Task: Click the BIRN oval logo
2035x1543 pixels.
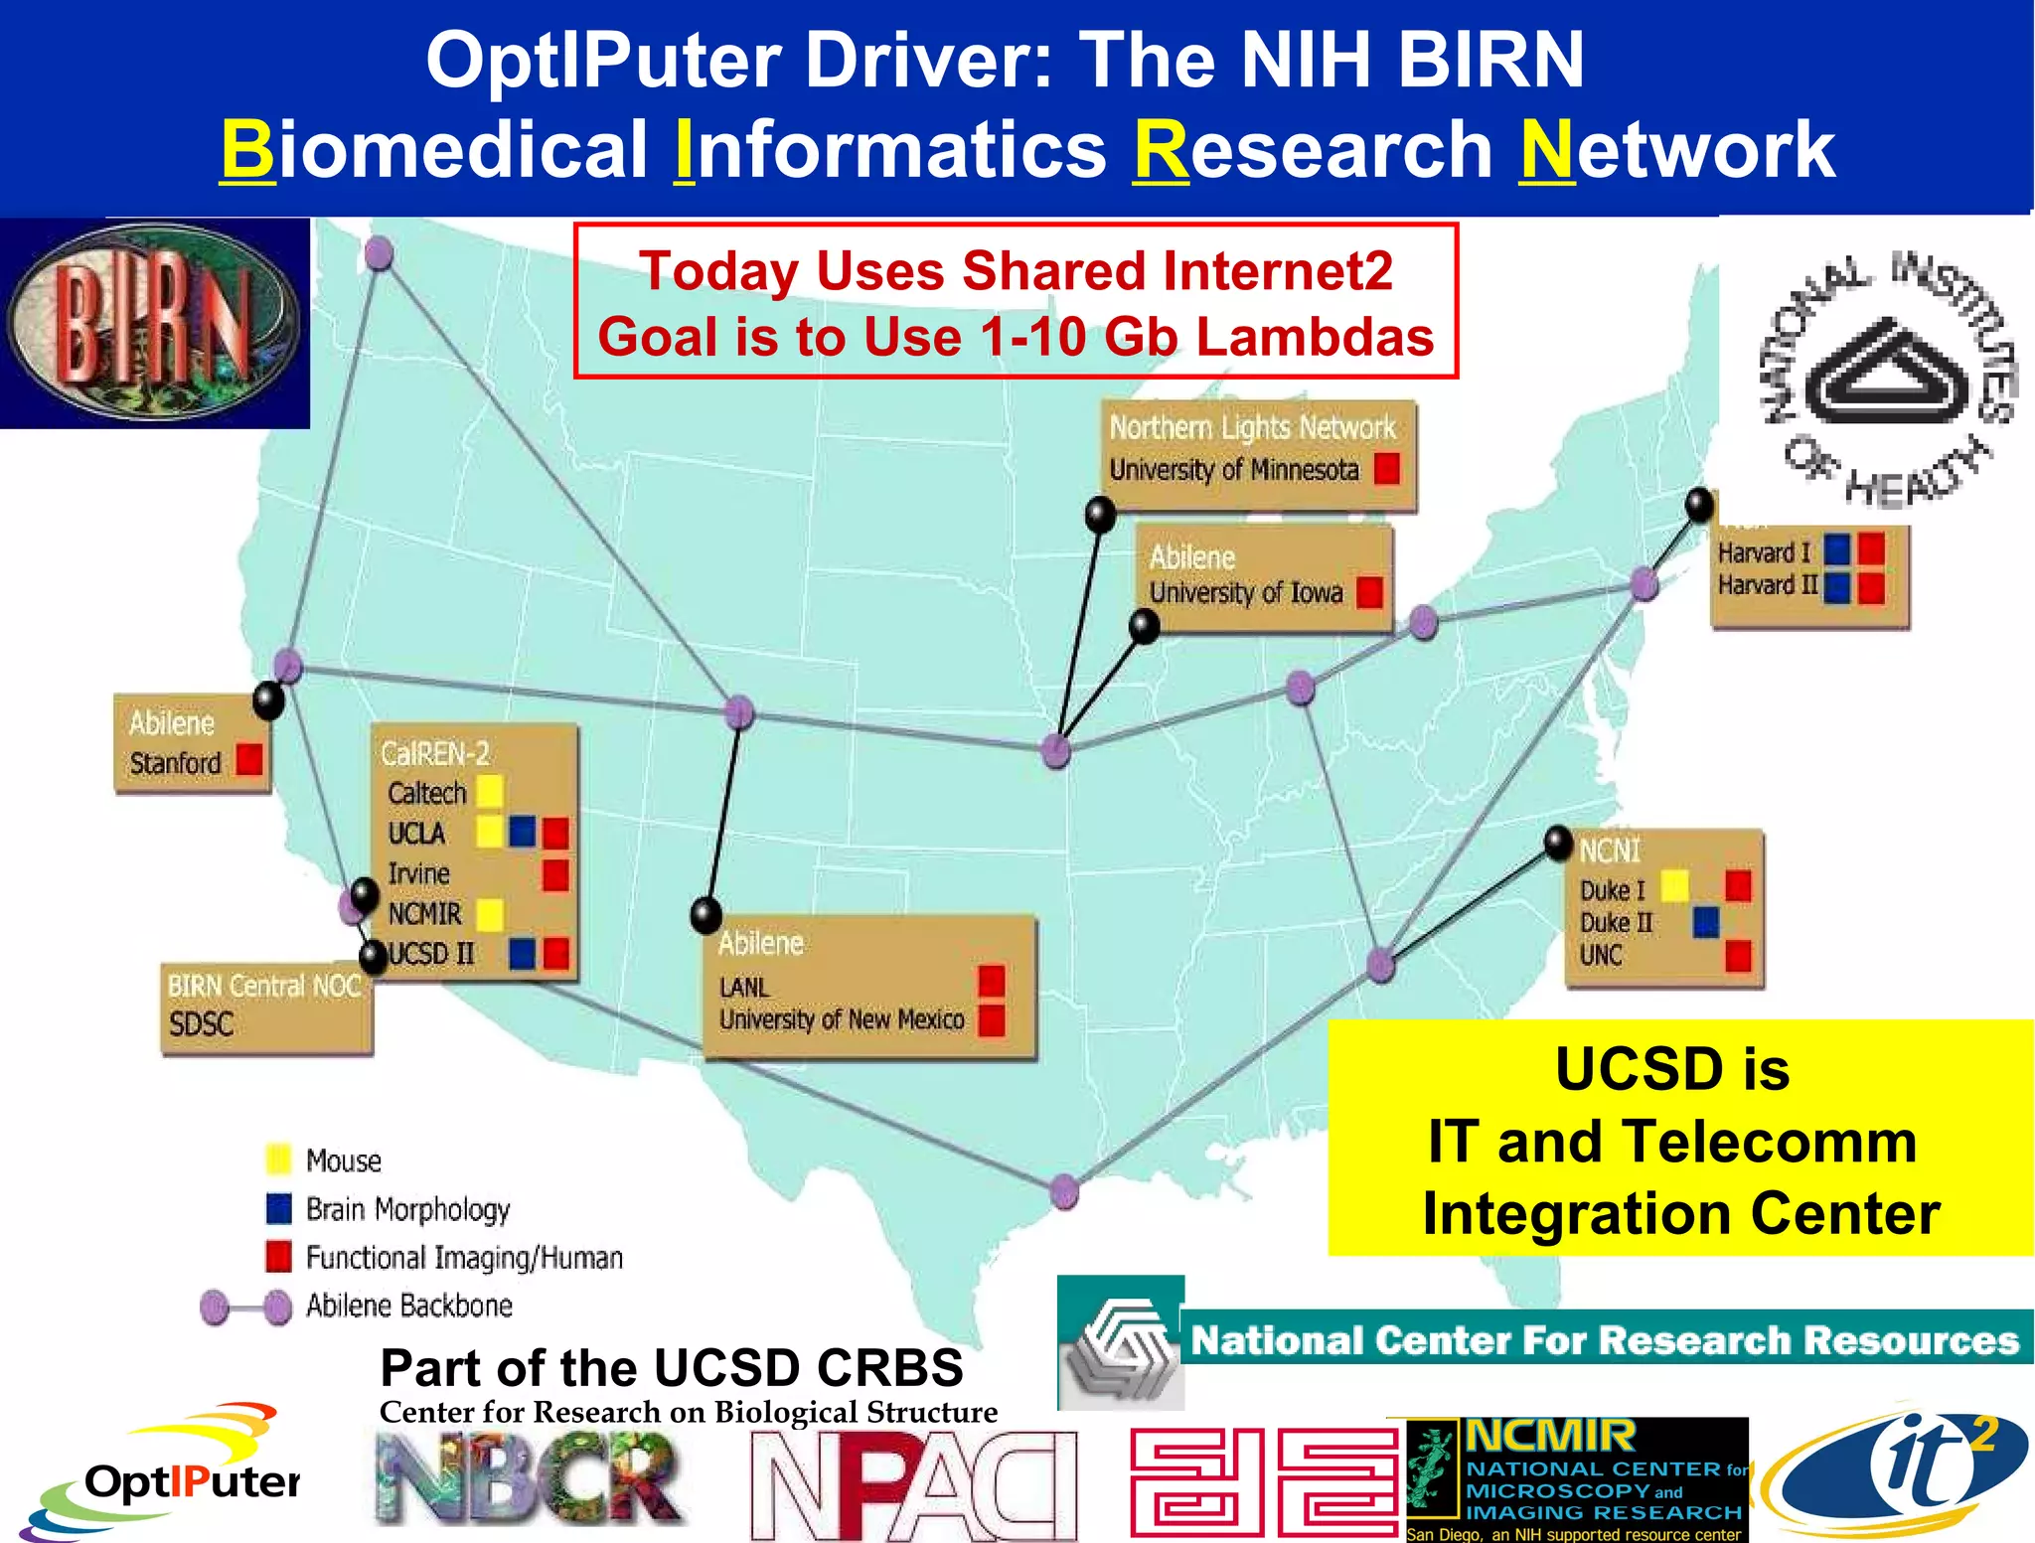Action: coord(154,323)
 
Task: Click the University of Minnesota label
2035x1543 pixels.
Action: coord(1233,470)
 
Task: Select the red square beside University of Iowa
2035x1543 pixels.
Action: coord(1369,592)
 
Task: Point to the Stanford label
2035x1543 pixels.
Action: coord(176,763)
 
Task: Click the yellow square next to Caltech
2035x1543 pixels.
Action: coord(489,792)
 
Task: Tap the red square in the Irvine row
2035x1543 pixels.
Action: coord(555,874)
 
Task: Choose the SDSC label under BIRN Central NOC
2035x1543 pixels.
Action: coord(201,1023)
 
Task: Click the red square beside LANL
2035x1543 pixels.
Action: coord(991,982)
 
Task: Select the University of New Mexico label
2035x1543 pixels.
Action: coord(842,1020)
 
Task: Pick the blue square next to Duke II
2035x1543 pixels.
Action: coord(1706,922)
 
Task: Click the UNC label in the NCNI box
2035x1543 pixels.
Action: coord(1601,956)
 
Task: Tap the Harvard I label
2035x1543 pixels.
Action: coord(1765,552)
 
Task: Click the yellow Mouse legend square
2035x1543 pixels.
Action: coord(279,1159)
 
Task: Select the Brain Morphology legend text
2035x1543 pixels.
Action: coord(407,1209)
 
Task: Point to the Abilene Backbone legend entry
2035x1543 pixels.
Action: coord(408,1306)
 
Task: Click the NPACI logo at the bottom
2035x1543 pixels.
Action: coord(913,1484)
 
